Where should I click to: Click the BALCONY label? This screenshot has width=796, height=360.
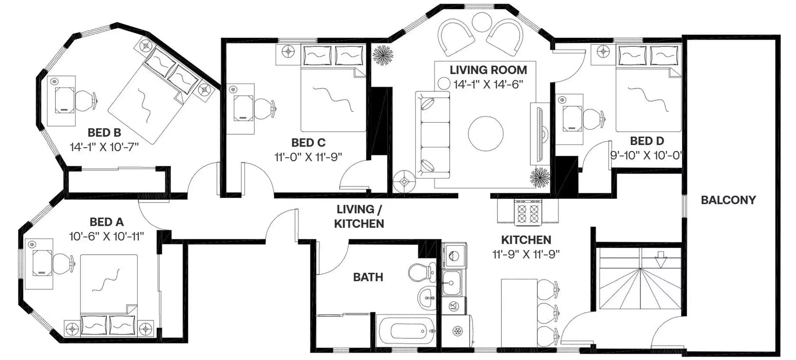[x=728, y=200]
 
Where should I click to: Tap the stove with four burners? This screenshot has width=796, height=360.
[x=528, y=213]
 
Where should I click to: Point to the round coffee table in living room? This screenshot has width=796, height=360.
[x=485, y=134]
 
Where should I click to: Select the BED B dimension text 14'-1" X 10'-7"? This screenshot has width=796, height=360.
[x=104, y=147]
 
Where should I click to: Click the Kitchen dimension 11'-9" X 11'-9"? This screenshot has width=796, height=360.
[x=526, y=254]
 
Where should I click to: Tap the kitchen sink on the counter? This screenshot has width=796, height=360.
[x=452, y=283]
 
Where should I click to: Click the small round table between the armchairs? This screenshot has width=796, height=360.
[x=482, y=22]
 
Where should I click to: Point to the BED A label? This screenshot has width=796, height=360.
[x=107, y=222]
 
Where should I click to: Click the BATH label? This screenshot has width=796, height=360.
[x=368, y=277]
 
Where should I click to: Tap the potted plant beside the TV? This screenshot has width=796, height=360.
[x=540, y=178]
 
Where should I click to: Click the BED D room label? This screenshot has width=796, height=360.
[x=647, y=141]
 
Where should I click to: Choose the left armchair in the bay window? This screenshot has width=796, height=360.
[x=456, y=37]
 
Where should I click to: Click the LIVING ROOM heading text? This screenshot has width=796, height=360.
[x=488, y=70]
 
